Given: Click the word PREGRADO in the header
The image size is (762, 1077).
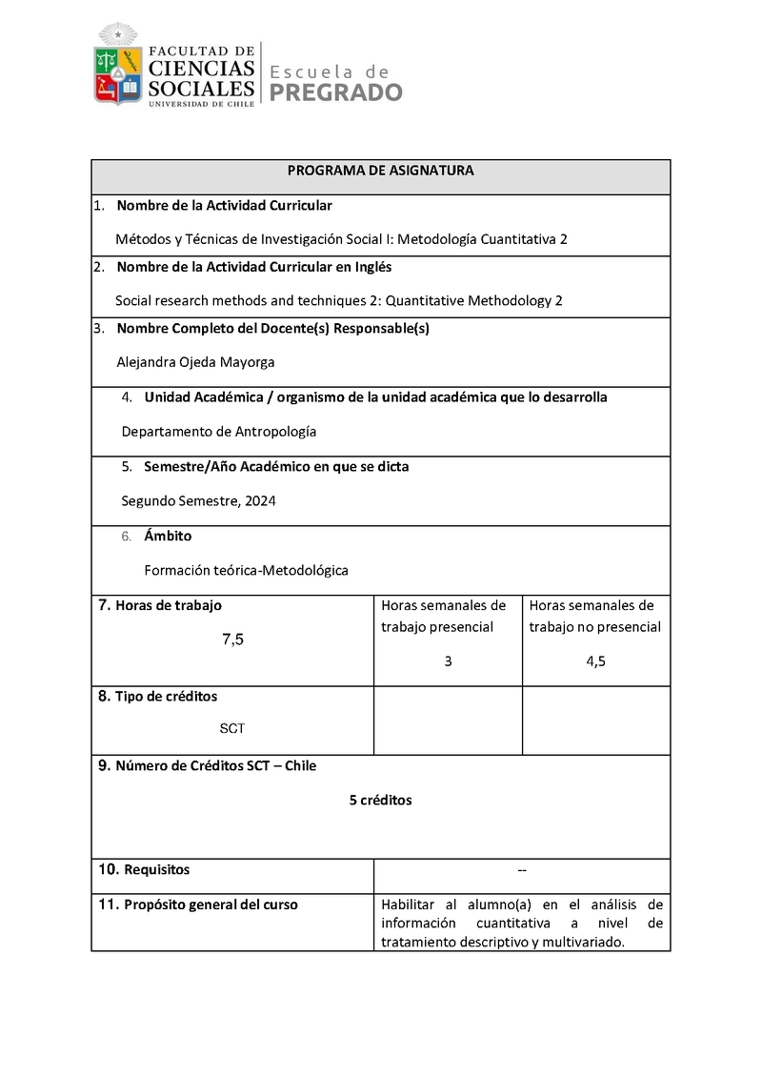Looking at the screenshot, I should pos(336,92).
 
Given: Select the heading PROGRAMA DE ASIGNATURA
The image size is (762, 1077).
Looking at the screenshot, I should pos(381,171).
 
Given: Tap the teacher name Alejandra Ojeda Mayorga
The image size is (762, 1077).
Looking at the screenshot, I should pos(195,362).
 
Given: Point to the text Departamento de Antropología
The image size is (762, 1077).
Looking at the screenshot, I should pos(219,432).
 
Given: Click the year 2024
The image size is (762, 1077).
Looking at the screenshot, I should pos(260,501).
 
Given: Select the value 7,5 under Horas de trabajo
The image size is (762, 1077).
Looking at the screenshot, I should pos(233,640).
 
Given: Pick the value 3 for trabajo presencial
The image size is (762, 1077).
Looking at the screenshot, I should pos(448,661).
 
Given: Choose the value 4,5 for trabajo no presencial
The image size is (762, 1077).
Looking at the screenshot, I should pos(596,661).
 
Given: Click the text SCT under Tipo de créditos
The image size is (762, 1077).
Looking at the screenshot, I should pos(232,728).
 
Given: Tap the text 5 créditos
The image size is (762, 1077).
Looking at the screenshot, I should pos(381,801).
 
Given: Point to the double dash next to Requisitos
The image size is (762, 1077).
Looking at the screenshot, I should pos(522,869).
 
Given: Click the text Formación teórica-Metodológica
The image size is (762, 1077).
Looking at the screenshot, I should pos(247,570).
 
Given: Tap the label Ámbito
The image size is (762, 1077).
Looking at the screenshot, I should pos(168,537).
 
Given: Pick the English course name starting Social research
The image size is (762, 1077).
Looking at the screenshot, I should pos(339,300).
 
